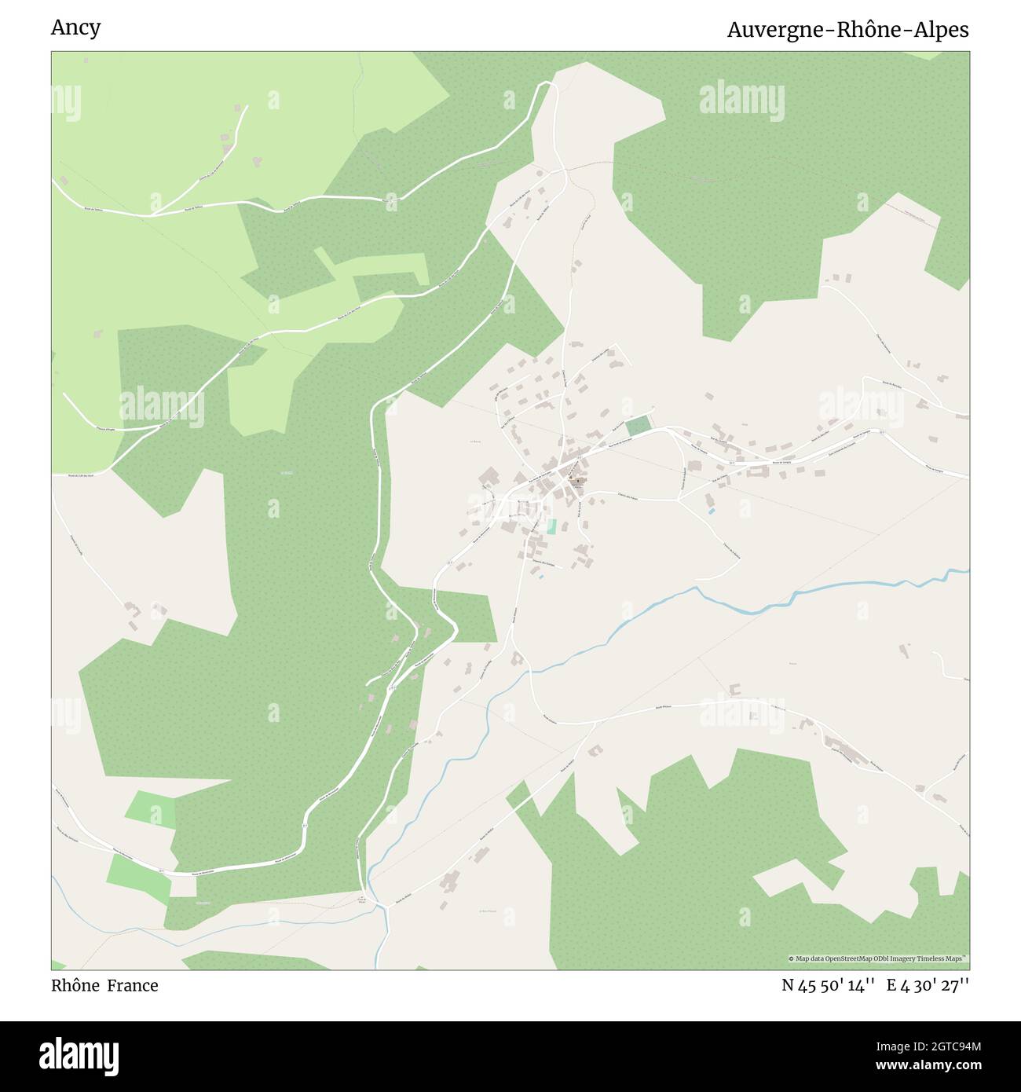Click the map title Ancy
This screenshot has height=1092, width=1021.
(x=75, y=28)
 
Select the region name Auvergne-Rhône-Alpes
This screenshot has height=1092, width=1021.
(x=847, y=30)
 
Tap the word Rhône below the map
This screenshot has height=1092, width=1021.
(x=75, y=985)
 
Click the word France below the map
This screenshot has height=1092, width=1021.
(x=133, y=985)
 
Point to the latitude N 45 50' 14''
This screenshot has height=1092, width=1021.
(x=828, y=985)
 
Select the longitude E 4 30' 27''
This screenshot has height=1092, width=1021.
(x=928, y=985)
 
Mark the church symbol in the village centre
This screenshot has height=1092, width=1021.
(x=578, y=482)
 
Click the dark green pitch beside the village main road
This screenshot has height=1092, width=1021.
(x=639, y=425)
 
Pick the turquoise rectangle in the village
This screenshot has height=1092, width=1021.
(x=551, y=526)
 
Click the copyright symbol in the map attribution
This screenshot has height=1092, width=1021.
(x=792, y=958)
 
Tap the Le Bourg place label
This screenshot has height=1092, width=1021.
(x=475, y=442)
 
